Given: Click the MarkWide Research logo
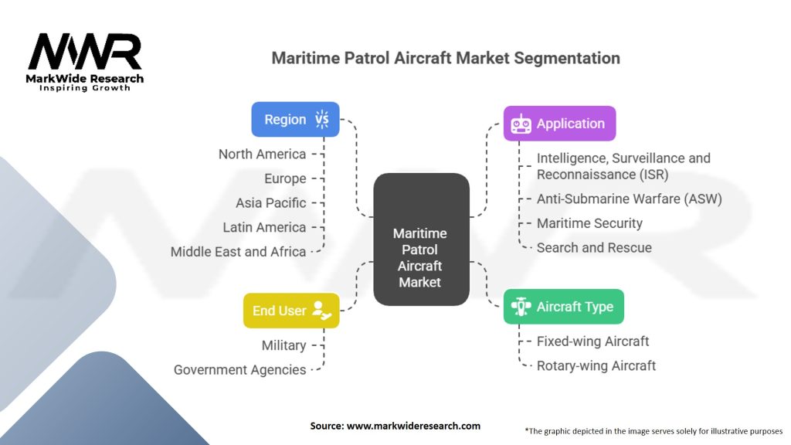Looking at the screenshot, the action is (x=85, y=62).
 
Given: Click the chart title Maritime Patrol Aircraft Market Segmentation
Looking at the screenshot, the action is (x=446, y=58).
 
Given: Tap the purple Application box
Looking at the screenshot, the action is (x=560, y=124).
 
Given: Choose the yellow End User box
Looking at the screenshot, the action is (x=291, y=311).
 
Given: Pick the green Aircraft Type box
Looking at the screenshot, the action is (x=564, y=307).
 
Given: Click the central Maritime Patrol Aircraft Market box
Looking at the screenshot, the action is (x=420, y=257).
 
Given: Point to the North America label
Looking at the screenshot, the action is (x=262, y=154).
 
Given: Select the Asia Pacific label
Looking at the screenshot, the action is (x=270, y=202).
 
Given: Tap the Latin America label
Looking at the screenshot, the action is (x=264, y=227).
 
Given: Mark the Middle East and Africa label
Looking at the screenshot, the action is (x=238, y=252).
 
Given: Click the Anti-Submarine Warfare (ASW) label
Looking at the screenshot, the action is (x=629, y=199).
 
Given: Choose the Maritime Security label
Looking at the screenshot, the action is (x=589, y=223).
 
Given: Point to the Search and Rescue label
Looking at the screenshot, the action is (x=594, y=248).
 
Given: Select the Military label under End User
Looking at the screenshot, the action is (x=283, y=345).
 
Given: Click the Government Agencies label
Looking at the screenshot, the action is (x=239, y=370).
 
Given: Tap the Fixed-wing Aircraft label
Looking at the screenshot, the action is (x=592, y=341).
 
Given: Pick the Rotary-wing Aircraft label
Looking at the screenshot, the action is (x=596, y=365).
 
